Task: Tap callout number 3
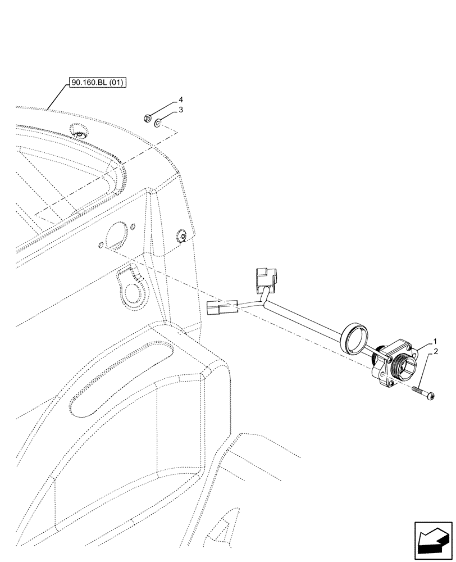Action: tap(181, 111)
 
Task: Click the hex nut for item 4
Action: tap(144, 119)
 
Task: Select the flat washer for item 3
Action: tap(159, 122)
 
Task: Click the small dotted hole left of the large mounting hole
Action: tap(100, 246)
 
